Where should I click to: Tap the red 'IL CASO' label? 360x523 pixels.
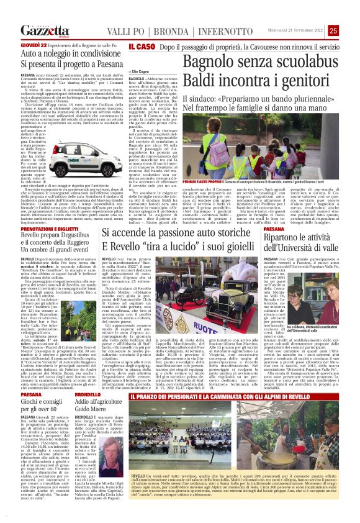tap(140, 47)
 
